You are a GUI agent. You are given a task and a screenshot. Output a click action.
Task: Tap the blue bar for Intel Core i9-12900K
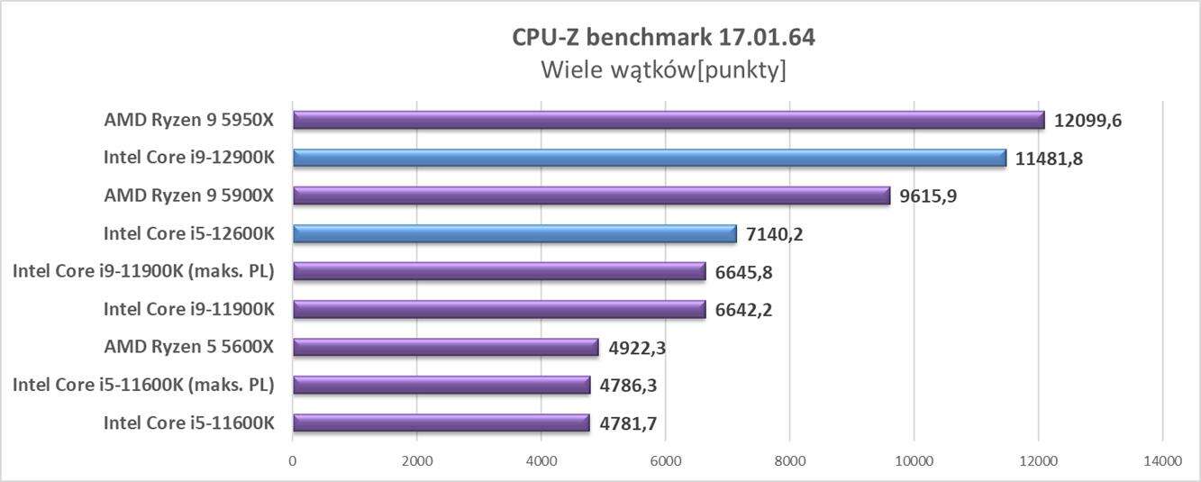tap(649, 158)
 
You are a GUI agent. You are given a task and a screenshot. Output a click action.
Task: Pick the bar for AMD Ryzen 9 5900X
tap(591, 196)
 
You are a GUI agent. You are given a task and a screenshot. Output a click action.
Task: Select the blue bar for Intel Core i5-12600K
tap(514, 234)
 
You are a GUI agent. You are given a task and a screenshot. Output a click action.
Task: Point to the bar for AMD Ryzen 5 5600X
tap(445, 347)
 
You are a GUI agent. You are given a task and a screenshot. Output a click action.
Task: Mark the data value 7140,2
tap(775, 234)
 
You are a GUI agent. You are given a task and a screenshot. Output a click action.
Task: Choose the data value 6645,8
tap(743, 272)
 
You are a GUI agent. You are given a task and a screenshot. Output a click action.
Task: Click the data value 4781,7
tap(629, 423)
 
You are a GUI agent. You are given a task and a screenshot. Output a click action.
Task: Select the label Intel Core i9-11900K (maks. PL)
tap(143, 271)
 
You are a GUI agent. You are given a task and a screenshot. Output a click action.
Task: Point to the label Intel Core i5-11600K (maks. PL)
tap(143, 385)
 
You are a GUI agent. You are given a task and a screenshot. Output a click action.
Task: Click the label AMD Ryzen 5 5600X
tap(189, 347)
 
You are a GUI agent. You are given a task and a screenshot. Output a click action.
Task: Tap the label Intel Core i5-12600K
tap(188, 233)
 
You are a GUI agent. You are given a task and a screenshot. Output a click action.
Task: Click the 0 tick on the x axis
tap(293, 461)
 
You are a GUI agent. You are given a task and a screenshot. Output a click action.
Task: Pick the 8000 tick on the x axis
tap(789, 461)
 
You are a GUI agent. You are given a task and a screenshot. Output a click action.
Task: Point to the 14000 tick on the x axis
tap(1161, 461)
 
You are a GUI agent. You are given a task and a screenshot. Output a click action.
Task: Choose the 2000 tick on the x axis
tap(417, 461)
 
